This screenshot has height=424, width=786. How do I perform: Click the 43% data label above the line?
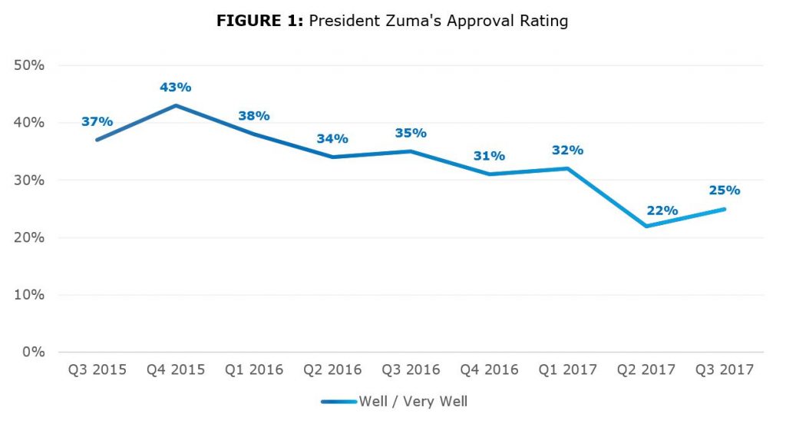[176, 88]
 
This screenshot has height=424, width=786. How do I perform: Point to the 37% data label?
[97, 121]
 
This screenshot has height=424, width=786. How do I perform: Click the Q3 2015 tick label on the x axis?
[97, 370]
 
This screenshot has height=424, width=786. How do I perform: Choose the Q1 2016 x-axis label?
[253, 370]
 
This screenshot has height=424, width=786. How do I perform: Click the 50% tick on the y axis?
[30, 65]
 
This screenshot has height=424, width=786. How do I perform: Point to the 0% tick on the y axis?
[34, 352]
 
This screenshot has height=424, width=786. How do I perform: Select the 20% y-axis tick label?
[30, 237]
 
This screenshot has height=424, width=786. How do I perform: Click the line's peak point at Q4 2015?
[176, 105]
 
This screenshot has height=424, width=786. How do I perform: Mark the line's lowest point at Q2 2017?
[646, 226]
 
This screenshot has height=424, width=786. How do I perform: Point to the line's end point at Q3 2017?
[724, 209]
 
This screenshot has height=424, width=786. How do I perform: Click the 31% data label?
[489, 156]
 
